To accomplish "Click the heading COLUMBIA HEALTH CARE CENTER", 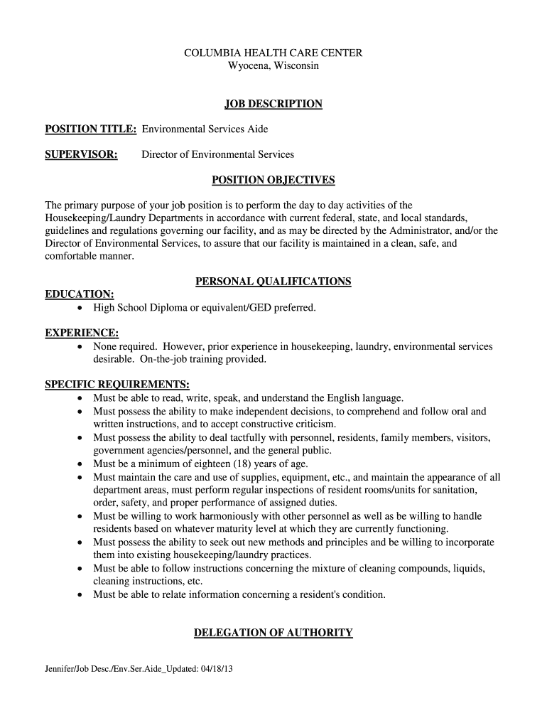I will [273, 53].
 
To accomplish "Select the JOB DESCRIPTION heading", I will [273, 104].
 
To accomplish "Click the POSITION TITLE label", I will [91, 129].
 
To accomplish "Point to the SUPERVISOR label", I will [81, 154].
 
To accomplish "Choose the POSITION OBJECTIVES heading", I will [273, 180].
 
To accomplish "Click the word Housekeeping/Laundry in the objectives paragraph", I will [93, 218].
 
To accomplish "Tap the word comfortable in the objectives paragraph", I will [74, 256].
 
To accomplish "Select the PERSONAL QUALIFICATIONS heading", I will [273, 282].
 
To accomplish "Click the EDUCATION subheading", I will [80, 294].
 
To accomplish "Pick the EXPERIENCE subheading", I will [82, 333].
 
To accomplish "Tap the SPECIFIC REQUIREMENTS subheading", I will [117, 385].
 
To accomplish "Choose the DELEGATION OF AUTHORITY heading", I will [273, 633].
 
